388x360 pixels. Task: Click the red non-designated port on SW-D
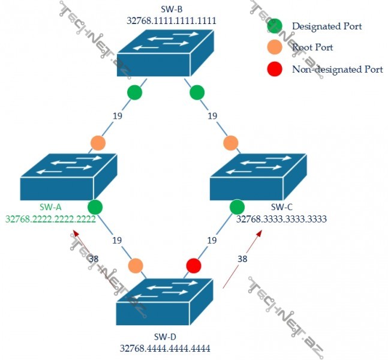pyautogui.click(x=193, y=265)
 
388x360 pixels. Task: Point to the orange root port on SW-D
pyautogui.click(x=136, y=265)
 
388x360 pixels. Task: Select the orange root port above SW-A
pyautogui.click(x=98, y=143)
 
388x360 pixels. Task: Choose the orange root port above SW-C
pyautogui.click(x=231, y=143)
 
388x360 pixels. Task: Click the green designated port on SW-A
pyautogui.click(x=95, y=208)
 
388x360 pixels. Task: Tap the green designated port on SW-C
pyautogui.click(x=237, y=207)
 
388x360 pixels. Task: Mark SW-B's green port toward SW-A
pyautogui.click(x=134, y=92)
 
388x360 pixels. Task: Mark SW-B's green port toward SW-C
pyautogui.click(x=197, y=92)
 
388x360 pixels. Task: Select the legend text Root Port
pyautogui.click(x=312, y=47)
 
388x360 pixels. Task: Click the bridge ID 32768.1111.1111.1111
pyautogui.click(x=171, y=20)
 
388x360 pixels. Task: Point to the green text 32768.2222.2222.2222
pyautogui.click(x=51, y=220)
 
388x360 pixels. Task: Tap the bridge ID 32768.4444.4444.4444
pyautogui.click(x=165, y=347)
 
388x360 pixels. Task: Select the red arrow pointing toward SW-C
pyautogui.click(x=242, y=259)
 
